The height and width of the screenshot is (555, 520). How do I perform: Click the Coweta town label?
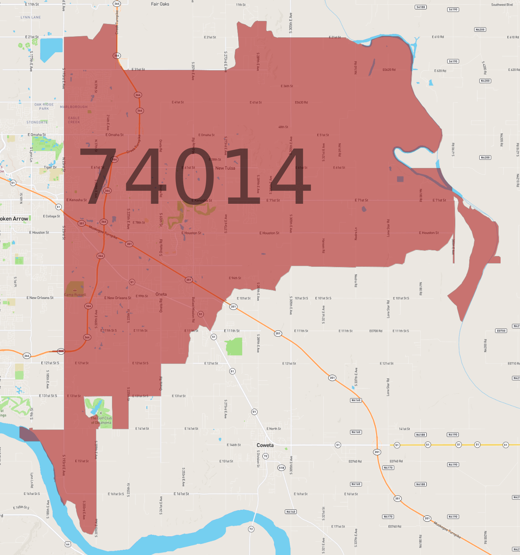pyautogui.click(x=265, y=445)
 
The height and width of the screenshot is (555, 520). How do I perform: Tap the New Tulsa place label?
pyautogui.click(x=225, y=168)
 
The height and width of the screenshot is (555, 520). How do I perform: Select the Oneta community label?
pyautogui.click(x=161, y=294)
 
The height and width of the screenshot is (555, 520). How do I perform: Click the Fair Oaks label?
pyautogui.click(x=160, y=4)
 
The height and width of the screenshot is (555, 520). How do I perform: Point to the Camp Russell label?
pyautogui.click(x=75, y=295)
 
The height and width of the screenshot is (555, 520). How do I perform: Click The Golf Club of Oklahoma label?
pyautogui.click(x=101, y=421)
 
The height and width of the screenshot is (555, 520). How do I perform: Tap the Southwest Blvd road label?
pyautogui.click(x=502, y=5)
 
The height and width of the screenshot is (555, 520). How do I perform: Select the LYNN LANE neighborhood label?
pyautogui.click(x=31, y=18)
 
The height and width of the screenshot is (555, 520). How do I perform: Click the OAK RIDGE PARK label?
pyautogui.click(x=44, y=107)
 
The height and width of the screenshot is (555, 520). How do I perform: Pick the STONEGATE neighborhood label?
pyautogui.click(x=37, y=122)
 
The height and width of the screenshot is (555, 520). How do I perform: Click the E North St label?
pyautogui.click(x=274, y=429)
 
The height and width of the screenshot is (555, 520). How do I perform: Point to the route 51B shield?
pyautogui.click(x=281, y=468)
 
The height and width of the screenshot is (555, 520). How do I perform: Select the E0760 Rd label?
pyautogui.click(x=395, y=527)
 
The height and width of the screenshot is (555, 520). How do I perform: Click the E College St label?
pyautogui.click(x=51, y=216)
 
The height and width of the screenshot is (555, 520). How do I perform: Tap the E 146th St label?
pyautogui.click(x=234, y=445)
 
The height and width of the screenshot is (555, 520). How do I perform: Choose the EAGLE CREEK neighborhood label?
pyautogui.click(x=74, y=120)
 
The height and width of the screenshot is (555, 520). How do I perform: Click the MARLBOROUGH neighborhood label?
pyautogui.click(x=74, y=107)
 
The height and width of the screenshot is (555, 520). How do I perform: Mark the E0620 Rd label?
pyautogui.click(x=389, y=70)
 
